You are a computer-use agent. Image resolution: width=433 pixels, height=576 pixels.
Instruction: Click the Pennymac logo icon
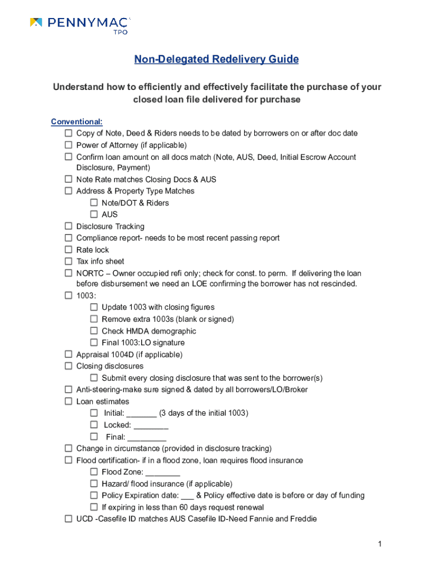point(36,22)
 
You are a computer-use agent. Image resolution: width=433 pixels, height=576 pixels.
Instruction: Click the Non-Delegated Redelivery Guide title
point(216,59)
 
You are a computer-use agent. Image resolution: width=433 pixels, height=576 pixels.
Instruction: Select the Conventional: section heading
point(76,121)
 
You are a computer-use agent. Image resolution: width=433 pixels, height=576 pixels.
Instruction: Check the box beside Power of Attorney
point(68,145)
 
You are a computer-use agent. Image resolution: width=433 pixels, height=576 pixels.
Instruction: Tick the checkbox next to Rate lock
point(68,250)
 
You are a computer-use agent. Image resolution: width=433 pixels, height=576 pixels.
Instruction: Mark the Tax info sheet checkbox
point(68,262)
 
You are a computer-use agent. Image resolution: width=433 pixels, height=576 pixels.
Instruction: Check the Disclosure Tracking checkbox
point(68,227)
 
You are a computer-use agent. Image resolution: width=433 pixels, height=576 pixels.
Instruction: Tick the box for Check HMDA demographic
point(94,331)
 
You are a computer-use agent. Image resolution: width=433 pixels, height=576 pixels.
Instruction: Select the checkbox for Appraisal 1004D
point(68,355)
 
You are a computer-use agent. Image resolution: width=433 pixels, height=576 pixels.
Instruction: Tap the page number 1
point(380,544)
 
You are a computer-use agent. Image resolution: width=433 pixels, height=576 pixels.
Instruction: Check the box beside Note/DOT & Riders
point(94,203)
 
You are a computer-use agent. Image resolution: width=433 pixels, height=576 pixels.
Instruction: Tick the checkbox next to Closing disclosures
point(68,367)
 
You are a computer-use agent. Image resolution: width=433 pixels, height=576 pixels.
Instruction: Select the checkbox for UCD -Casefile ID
point(68,519)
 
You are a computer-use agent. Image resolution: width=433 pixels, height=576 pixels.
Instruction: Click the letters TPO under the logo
point(121,32)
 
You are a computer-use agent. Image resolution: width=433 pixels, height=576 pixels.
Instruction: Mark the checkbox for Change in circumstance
point(68,449)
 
